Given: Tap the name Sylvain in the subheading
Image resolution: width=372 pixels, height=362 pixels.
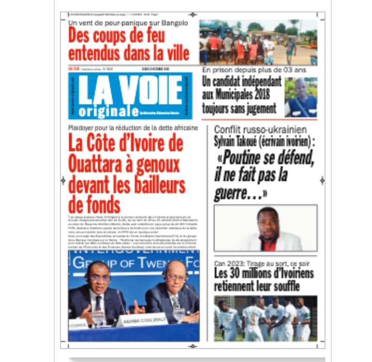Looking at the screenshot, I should pyautogui.click(x=230, y=142).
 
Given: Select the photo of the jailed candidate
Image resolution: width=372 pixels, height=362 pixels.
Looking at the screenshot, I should pyautogui.click(x=301, y=97).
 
